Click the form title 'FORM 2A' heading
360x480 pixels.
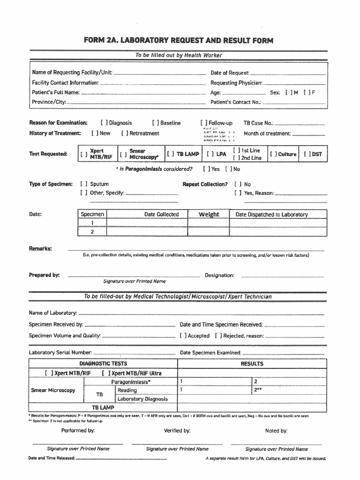(x=178, y=41)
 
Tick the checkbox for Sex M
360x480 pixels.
(x=287, y=92)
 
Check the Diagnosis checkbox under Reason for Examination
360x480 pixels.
(x=103, y=123)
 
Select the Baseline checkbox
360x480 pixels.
(x=155, y=123)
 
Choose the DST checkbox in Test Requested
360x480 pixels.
(x=307, y=154)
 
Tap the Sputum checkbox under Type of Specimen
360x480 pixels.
(x=84, y=184)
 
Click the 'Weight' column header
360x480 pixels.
(x=209, y=214)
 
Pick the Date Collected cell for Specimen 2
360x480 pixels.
(x=161, y=232)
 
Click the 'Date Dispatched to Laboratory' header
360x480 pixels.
(x=271, y=214)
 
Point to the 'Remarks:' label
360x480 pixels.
(x=40, y=248)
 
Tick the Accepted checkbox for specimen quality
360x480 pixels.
(x=183, y=336)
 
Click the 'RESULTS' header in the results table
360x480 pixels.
(x=252, y=364)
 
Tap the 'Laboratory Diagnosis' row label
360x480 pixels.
(x=142, y=399)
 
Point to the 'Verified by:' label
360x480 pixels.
(x=177, y=430)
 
